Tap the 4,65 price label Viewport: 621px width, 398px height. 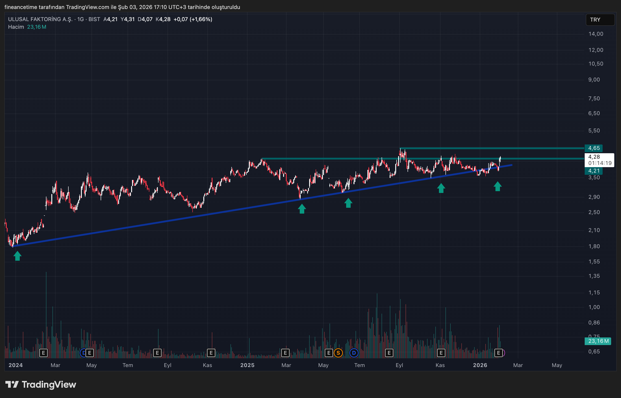[594, 148]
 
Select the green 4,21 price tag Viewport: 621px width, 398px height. [594, 171]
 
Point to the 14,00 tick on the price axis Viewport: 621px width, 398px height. [596, 34]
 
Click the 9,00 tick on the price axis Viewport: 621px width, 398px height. [594, 80]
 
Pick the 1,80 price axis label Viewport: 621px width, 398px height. [594, 246]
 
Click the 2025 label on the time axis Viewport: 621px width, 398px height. [247, 365]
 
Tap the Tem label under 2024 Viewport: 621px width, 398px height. [128, 365]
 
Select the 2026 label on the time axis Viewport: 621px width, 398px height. [480, 365]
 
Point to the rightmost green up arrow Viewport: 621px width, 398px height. [497, 186]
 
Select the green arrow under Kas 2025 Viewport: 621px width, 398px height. [441, 188]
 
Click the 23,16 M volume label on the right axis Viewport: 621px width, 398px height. [598, 341]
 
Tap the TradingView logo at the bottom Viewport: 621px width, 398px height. [41, 385]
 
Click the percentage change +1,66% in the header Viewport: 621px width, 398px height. [201, 19]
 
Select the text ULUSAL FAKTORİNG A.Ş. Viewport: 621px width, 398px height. [40, 19]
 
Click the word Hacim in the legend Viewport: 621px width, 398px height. [16, 27]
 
